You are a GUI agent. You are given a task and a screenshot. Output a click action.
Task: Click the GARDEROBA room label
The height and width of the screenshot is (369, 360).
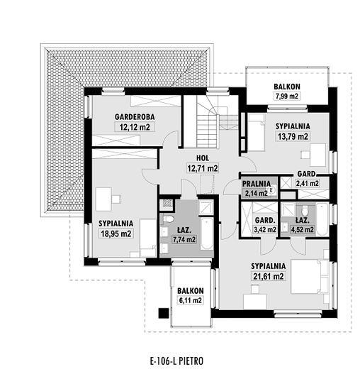(135, 117)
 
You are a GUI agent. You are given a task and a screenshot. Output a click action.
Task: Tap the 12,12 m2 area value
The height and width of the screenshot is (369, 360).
(135, 127)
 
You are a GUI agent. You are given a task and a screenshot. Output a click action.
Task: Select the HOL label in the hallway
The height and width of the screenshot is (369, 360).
(203, 158)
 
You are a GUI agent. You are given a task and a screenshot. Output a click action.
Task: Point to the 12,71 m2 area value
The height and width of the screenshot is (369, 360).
(203, 168)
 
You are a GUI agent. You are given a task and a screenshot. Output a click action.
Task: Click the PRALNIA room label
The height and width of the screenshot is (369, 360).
(257, 184)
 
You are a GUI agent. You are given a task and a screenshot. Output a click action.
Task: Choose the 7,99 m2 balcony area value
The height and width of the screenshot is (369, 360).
(287, 97)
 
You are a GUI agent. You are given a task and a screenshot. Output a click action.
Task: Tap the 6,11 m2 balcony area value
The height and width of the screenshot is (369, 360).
(191, 301)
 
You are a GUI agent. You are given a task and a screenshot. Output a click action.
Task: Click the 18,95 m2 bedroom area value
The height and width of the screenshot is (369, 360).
(116, 233)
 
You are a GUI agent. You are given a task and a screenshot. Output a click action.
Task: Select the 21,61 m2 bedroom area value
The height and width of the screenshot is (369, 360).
(268, 276)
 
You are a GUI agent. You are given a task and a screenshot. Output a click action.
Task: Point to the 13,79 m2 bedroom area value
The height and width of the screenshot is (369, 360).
(293, 136)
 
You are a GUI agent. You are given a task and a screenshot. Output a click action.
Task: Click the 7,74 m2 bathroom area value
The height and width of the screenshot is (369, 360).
(184, 239)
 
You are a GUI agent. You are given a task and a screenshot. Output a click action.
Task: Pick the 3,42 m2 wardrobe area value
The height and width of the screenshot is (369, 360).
(265, 230)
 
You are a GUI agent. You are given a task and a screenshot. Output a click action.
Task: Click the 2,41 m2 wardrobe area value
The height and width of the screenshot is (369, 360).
(308, 183)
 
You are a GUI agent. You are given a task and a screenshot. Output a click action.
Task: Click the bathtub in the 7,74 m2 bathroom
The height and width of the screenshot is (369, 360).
(207, 233)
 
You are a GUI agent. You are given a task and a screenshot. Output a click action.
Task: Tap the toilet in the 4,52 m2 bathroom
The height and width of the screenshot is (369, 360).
(305, 209)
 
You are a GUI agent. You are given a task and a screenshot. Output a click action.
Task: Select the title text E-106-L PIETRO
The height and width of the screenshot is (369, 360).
(176, 361)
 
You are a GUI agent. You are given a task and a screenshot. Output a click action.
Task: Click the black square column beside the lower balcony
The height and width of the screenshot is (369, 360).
(164, 313)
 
